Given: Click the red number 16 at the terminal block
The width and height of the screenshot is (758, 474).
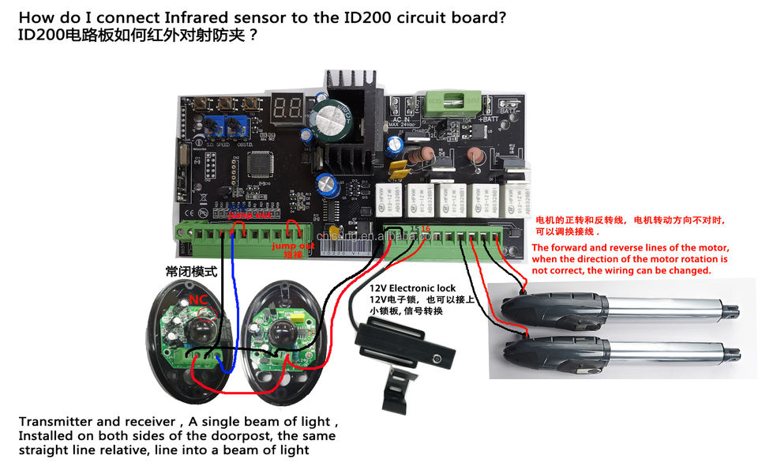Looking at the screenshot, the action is coord(426,228).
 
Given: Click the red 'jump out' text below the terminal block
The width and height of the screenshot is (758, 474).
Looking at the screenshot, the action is coord(293,246).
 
